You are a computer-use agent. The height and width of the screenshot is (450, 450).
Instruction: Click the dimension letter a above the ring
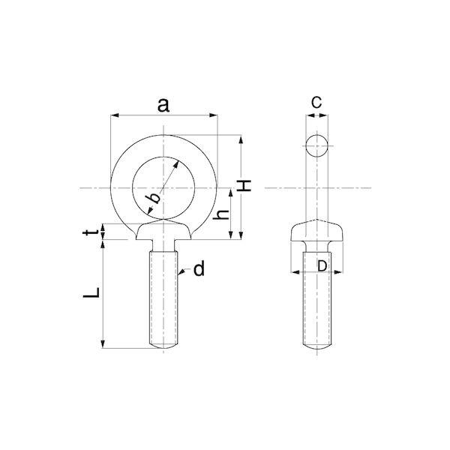pyautogui.click(x=163, y=104)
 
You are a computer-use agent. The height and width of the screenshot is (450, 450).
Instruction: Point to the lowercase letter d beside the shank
pyautogui.click(x=199, y=269)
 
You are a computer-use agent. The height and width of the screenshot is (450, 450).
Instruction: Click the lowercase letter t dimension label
pyautogui.click(x=89, y=234)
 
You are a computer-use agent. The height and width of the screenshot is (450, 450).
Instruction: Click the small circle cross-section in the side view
pyautogui.click(x=316, y=145)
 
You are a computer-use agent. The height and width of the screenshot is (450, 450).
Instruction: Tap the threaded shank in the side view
pyautogui.click(x=316, y=307)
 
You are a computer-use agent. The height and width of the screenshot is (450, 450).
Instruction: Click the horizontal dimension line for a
pyautogui.click(x=135, y=115)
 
